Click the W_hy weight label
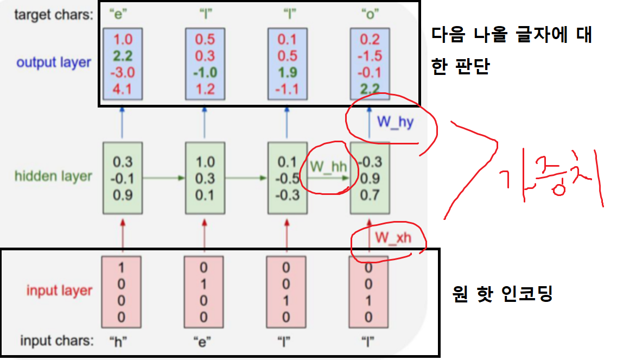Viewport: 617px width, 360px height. coord(395,122)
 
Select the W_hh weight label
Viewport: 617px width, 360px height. coord(328,166)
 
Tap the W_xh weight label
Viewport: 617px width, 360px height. coord(393,239)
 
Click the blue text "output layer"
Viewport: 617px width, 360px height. coord(54,62)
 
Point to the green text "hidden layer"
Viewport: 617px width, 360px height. coord(53,176)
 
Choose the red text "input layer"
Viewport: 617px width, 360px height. coord(60,290)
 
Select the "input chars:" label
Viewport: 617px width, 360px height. coord(56,341)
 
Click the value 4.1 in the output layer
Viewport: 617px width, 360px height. coord(123,89)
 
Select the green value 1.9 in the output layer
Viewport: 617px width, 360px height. coord(288,72)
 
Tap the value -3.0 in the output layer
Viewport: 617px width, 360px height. coord(122,72)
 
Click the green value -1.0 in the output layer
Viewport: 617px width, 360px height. coord(205,72)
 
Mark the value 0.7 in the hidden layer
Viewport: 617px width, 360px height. coord(370,195)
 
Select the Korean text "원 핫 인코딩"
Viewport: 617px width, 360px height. coord(502,294)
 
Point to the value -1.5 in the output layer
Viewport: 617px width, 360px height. coord(370,56)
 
